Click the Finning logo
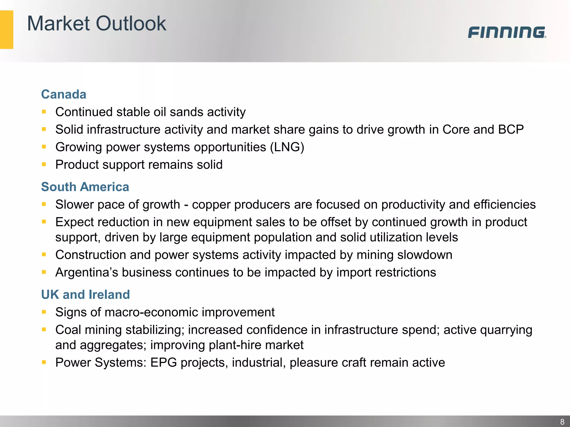[x=507, y=32]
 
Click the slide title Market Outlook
[x=97, y=23]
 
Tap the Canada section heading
[x=64, y=94]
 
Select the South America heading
[x=85, y=187]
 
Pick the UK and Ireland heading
[x=85, y=294]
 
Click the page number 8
[x=562, y=422]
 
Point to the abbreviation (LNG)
[x=287, y=147]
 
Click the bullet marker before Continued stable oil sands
[x=44, y=112]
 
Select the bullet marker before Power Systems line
[x=44, y=362]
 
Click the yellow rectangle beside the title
[x=6, y=29]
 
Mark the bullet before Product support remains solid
[x=44, y=165]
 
